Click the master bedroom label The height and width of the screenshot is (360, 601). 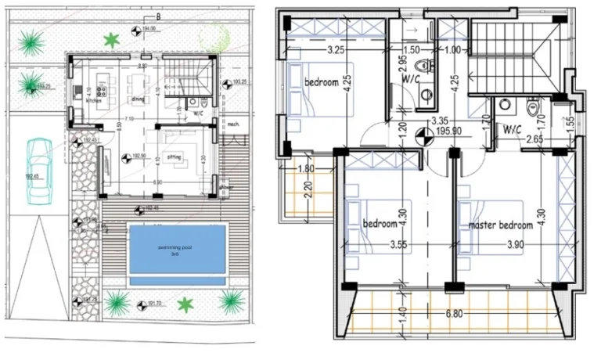click(500, 225)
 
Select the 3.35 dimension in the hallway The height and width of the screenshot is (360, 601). click(441, 121)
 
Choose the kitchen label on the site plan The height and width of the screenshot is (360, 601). click(93, 101)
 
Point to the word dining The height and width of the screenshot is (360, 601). click(138, 99)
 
